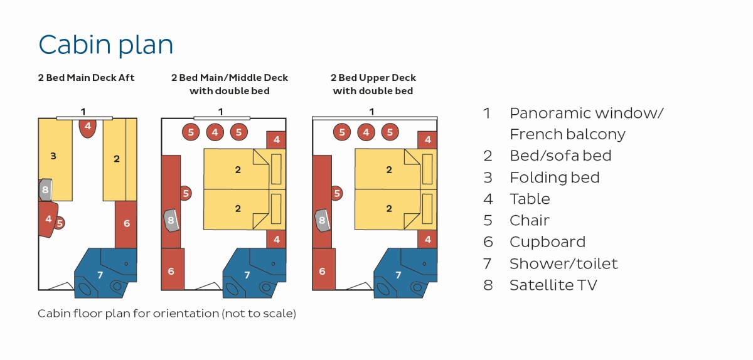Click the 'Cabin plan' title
click(106, 45)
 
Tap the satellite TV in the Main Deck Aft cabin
click(45, 189)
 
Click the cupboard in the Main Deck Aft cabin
click(126, 225)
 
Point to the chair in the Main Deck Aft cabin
click(60, 223)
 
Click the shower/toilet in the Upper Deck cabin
click(405, 273)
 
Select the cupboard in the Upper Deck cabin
click(324, 269)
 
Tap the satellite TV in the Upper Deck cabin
click(323, 220)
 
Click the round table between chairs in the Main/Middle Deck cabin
click(215, 132)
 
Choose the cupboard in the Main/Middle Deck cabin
click(173, 269)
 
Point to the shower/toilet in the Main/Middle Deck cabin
click(254, 273)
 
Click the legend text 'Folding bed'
click(554, 177)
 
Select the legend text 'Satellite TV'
click(553, 285)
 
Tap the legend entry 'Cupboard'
click(547, 242)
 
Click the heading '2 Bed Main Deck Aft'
click(86, 78)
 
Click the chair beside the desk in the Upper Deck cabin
click(337, 193)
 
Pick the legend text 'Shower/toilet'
click(563, 263)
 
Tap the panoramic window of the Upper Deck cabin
click(375, 118)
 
